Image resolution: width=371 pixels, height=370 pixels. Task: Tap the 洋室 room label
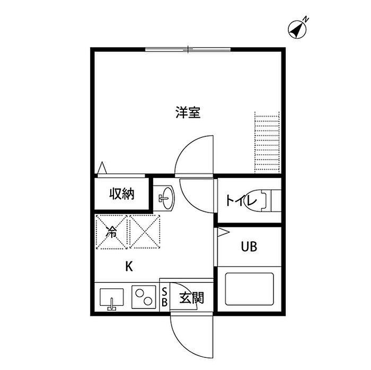pos(188,112)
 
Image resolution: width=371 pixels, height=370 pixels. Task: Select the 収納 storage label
pos(122,194)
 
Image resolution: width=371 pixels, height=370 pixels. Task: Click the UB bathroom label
pos(249,247)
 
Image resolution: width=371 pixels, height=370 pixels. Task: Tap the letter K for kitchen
pos(128,267)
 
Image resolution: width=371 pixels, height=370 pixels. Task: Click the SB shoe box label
pos(164,297)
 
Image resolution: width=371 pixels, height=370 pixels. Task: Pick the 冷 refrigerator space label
pos(111,232)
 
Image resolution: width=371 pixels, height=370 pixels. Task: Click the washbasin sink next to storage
pos(165,198)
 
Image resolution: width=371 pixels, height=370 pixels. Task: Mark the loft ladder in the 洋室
pos(267,142)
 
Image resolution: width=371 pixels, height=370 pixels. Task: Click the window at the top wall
pos(188,50)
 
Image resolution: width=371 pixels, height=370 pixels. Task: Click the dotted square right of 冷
pos(145,232)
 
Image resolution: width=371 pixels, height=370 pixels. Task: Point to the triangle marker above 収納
pos(103,168)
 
